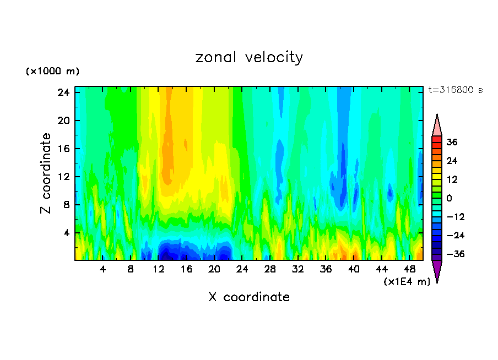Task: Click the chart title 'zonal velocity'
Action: [249, 57]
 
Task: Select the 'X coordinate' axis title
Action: [249, 297]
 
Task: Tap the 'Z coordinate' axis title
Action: [46, 173]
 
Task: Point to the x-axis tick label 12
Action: [159, 269]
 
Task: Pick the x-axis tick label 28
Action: [270, 269]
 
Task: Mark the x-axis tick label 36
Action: [326, 269]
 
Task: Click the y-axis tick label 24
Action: [63, 92]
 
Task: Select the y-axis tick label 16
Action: [63, 149]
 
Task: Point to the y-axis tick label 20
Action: [63, 121]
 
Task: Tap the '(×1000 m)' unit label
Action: [52, 72]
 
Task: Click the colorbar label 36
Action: [452, 142]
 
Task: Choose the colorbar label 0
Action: [450, 198]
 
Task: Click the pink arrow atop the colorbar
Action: [437, 125]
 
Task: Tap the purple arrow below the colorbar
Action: [437, 270]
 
